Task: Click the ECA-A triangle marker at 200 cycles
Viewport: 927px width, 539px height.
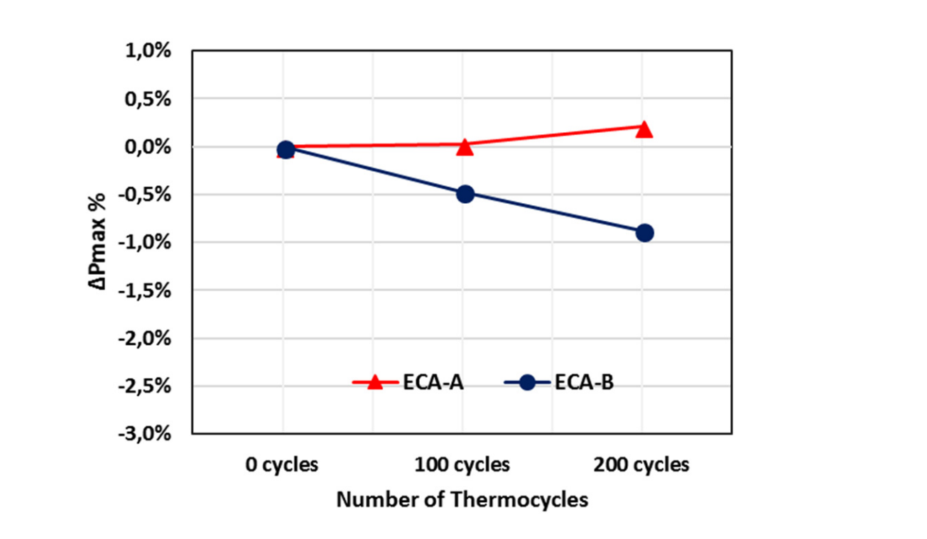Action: point(644,129)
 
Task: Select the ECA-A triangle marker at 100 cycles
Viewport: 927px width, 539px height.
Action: point(465,146)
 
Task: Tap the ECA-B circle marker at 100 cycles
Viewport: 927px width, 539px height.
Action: point(465,194)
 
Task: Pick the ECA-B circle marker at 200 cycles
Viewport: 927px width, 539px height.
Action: point(644,233)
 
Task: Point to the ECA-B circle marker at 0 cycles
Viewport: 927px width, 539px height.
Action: point(286,149)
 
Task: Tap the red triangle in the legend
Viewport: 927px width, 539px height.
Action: point(376,382)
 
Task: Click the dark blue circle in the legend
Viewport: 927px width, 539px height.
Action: point(526,382)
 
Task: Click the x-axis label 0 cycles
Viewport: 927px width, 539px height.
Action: point(282,465)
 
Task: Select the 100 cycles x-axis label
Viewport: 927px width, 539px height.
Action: point(462,465)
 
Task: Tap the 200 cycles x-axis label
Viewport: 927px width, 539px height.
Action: point(641,465)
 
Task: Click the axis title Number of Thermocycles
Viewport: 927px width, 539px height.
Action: point(462,500)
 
